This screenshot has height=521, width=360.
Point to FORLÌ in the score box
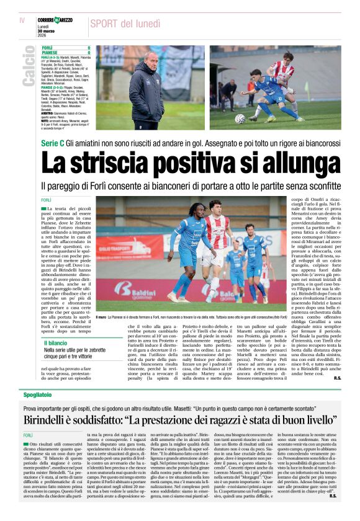click(x=47, y=48)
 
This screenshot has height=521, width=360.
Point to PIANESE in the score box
click(x=50, y=53)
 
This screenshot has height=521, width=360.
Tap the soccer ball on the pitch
click(x=240, y=118)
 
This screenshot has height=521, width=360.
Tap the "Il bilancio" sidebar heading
click(x=55, y=342)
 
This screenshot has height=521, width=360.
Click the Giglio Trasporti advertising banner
click(x=120, y=247)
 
